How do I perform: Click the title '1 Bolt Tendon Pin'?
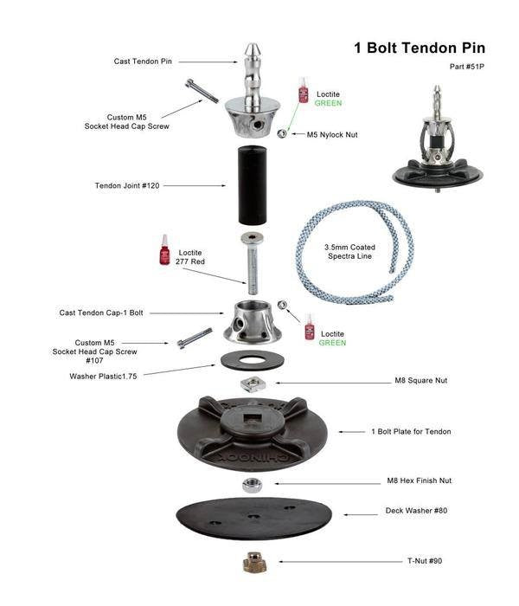click(420, 48)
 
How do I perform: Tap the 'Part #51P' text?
click(467, 67)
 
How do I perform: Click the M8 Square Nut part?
click(252, 384)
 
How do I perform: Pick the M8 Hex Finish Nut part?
click(253, 485)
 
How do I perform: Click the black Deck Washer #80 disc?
click(253, 519)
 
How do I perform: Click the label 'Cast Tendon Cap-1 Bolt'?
click(101, 313)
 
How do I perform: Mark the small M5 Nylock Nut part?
click(282, 133)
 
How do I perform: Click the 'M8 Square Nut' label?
click(421, 380)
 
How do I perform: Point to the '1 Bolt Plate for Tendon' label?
click(411, 431)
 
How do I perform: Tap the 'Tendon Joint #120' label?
click(127, 185)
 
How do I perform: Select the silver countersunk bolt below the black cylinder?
click(253, 263)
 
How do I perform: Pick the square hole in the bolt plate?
click(253, 417)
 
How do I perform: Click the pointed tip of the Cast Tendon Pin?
click(253, 44)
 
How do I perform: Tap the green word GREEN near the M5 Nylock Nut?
click(328, 103)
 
